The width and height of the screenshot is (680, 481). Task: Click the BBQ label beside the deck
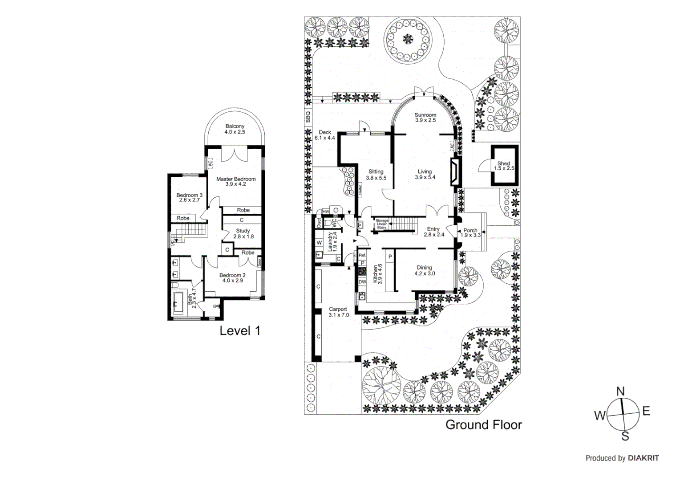click(x=308, y=117)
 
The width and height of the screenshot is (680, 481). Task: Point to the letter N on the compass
click(x=620, y=391)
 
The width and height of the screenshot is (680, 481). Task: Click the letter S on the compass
click(x=625, y=436)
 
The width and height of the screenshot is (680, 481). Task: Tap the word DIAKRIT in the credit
click(x=644, y=458)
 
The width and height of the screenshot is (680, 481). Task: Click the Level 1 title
click(x=240, y=330)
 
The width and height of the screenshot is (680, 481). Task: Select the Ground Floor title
click(x=483, y=424)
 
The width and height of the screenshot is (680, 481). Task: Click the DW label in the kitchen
click(x=362, y=282)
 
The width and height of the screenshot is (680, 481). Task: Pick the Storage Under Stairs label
click(x=382, y=224)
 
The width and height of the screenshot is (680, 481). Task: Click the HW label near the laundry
click(x=325, y=212)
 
